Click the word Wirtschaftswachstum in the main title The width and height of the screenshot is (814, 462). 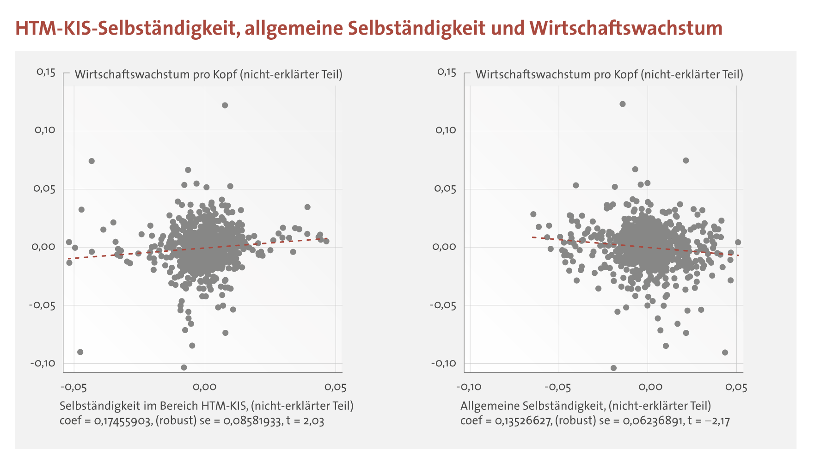[x=626, y=28]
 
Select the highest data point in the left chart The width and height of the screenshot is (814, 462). [x=225, y=105]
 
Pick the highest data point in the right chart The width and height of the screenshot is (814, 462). [x=623, y=104]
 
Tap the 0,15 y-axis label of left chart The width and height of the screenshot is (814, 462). [x=46, y=73]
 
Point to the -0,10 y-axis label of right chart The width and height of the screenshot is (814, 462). [x=443, y=363]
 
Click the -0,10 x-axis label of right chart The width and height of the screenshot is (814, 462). [x=469, y=387]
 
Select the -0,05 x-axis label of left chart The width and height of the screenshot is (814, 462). [x=73, y=387]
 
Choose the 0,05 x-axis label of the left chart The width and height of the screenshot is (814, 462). [x=335, y=387]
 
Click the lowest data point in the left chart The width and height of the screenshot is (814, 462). [x=184, y=367]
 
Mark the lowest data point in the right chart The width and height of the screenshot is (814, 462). [x=613, y=368]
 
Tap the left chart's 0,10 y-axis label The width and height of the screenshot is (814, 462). [x=45, y=130]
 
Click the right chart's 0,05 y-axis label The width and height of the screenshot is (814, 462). [x=446, y=189]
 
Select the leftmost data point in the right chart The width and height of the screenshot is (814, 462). [x=533, y=214]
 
